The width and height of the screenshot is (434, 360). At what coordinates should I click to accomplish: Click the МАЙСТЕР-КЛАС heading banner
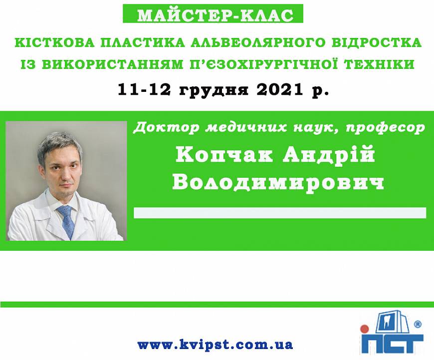[x=213, y=13]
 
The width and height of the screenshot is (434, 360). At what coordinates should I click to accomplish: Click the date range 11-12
[x=144, y=89]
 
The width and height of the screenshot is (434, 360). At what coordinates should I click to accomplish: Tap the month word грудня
[x=214, y=90]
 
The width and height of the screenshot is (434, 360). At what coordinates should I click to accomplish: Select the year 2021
[x=279, y=89]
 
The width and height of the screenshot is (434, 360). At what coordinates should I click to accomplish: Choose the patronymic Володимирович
[x=278, y=182]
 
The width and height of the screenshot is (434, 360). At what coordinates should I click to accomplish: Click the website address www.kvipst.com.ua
[x=215, y=345]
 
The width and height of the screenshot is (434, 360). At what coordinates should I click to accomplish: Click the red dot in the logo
[x=364, y=329]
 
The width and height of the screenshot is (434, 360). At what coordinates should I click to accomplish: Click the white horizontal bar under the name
[x=280, y=213]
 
